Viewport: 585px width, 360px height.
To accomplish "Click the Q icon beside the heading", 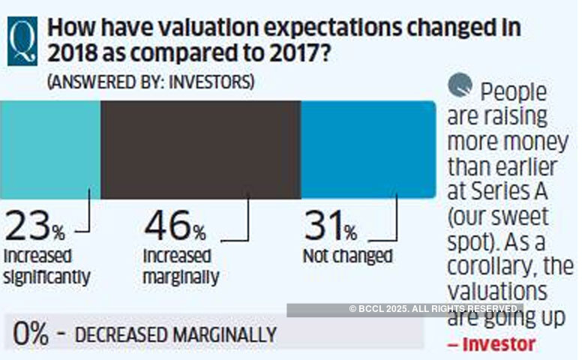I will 24,41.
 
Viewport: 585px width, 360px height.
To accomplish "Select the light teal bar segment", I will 49,149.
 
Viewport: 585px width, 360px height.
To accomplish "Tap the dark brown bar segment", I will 200,149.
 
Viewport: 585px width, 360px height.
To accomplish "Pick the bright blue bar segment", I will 367,149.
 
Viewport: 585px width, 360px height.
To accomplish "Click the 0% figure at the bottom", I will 31,334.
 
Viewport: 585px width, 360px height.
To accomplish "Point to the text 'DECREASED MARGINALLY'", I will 175,334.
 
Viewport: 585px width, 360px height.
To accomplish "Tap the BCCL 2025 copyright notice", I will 435,309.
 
